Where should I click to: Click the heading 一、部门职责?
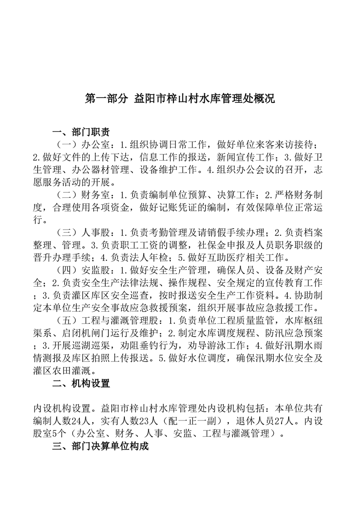[81, 132]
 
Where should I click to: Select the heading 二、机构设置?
[81, 384]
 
